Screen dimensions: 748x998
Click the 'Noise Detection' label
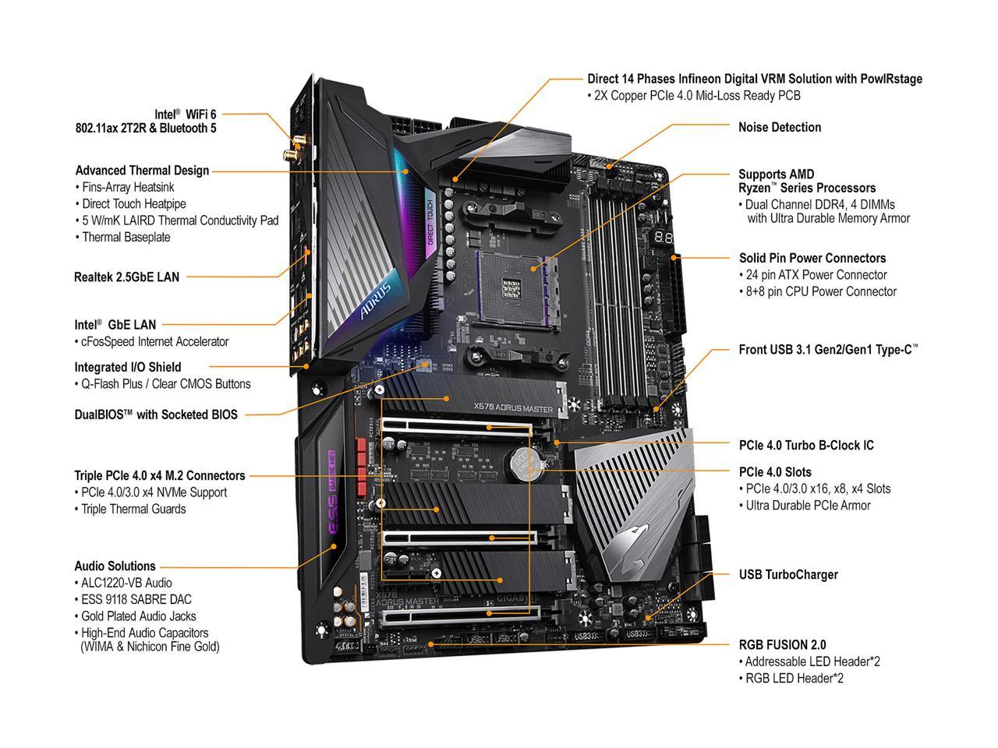coord(779,127)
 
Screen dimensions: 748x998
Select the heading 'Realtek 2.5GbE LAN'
coord(126,277)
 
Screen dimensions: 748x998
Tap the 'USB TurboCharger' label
coord(787,574)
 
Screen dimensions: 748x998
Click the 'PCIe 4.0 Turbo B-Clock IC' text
coord(805,445)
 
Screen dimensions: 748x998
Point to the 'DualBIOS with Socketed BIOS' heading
coord(156,415)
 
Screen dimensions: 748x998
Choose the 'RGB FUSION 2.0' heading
coord(782,644)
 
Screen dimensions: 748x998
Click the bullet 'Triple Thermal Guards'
coord(133,509)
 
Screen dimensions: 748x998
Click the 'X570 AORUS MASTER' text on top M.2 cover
coord(513,408)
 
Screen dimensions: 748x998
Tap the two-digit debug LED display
coord(664,236)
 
